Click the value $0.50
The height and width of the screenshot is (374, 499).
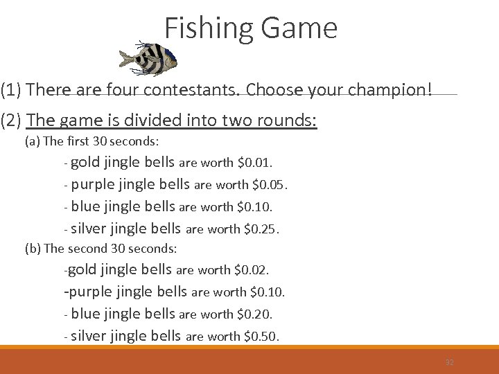click(x=262, y=337)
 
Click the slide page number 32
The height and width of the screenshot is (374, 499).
click(x=449, y=362)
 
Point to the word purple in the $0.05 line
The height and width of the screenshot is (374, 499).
click(x=93, y=185)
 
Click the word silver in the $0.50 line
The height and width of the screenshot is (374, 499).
click(x=91, y=337)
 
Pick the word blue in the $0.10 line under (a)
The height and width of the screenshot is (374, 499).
click(x=85, y=206)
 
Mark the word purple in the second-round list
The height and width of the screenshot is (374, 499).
click(x=92, y=292)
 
